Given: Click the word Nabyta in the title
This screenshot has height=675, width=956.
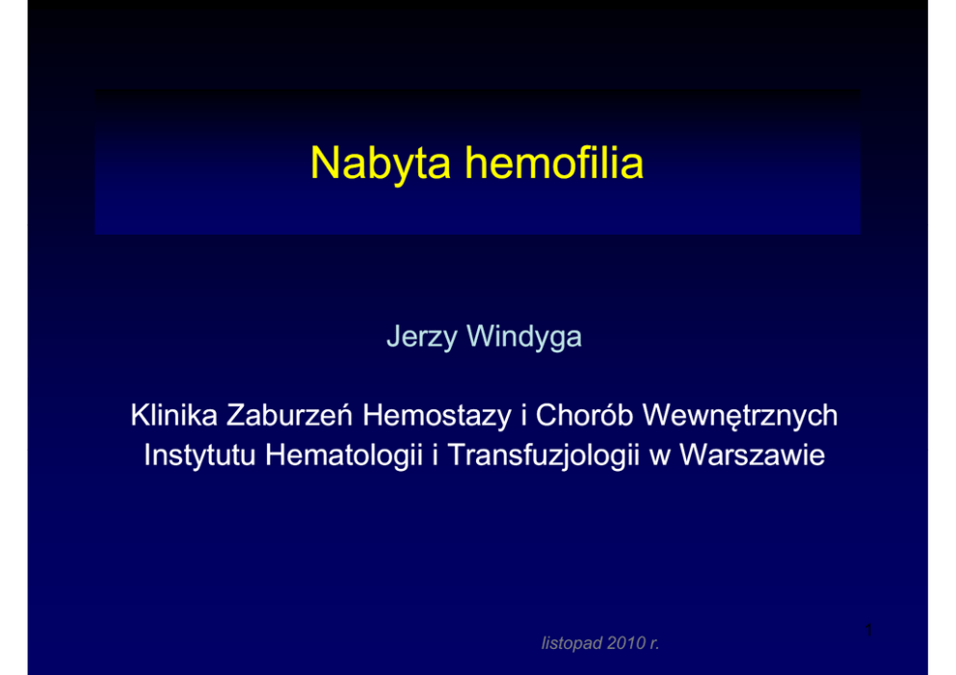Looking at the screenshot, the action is click(381, 164).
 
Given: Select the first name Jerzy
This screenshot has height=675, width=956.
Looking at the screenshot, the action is click(422, 337).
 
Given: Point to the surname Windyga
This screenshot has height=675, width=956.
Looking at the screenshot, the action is click(524, 337).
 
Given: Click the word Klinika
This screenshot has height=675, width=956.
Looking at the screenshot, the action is click(173, 415).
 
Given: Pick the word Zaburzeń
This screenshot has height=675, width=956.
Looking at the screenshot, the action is click(290, 415).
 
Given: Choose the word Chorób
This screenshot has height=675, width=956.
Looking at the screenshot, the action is click(584, 415).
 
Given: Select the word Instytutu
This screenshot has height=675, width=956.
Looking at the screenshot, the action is click(199, 455).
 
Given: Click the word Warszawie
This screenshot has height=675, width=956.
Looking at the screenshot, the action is click(752, 455).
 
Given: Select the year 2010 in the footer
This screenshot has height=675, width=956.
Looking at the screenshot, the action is click(626, 642).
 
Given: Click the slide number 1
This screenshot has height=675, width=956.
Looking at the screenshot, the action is click(869, 630).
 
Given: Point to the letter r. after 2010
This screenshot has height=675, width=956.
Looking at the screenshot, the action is click(654, 644).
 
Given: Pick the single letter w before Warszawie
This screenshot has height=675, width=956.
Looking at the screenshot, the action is click(660, 458).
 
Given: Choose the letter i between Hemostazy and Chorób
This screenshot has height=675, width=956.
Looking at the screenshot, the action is click(523, 415).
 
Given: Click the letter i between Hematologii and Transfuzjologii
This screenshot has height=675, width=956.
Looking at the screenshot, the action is click(436, 455).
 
